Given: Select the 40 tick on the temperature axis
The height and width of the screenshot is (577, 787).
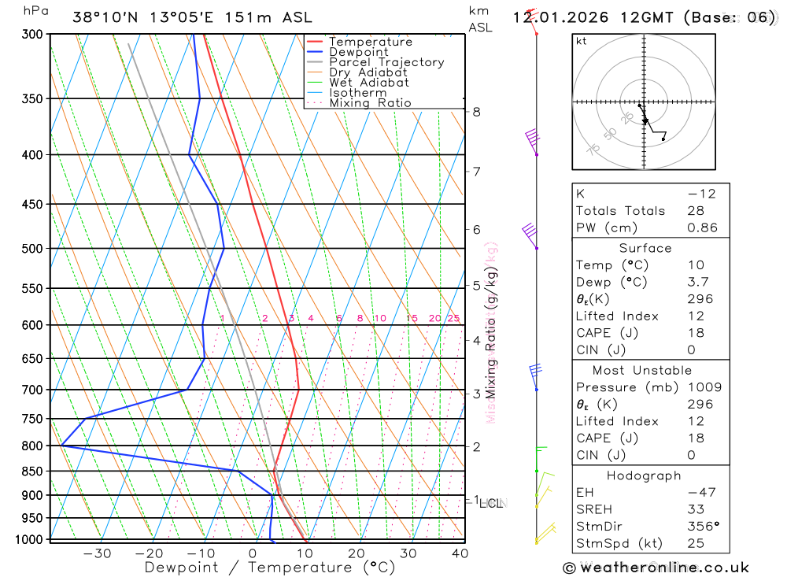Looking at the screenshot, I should tap(460, 553).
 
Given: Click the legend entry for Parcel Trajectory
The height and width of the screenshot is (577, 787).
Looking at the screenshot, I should tap(386, 62).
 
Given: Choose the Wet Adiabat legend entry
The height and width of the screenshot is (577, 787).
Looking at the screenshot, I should tap(369, 83).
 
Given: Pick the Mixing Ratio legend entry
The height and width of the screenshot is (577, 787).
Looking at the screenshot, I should tap(370, 103).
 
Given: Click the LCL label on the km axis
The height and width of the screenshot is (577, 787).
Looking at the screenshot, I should tap(490, 503).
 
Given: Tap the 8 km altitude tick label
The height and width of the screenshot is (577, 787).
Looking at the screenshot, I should tap(476, 112).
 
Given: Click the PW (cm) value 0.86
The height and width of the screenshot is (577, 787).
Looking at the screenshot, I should tap(702, 228).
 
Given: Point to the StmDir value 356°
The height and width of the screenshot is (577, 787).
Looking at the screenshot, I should tap(702, 527).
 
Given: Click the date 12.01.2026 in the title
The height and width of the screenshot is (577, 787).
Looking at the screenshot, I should tap(560, 17).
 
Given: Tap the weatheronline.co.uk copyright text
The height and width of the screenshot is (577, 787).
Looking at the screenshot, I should tap(656, 568).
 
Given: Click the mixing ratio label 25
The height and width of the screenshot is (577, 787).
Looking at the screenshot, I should tap(453, 318).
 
